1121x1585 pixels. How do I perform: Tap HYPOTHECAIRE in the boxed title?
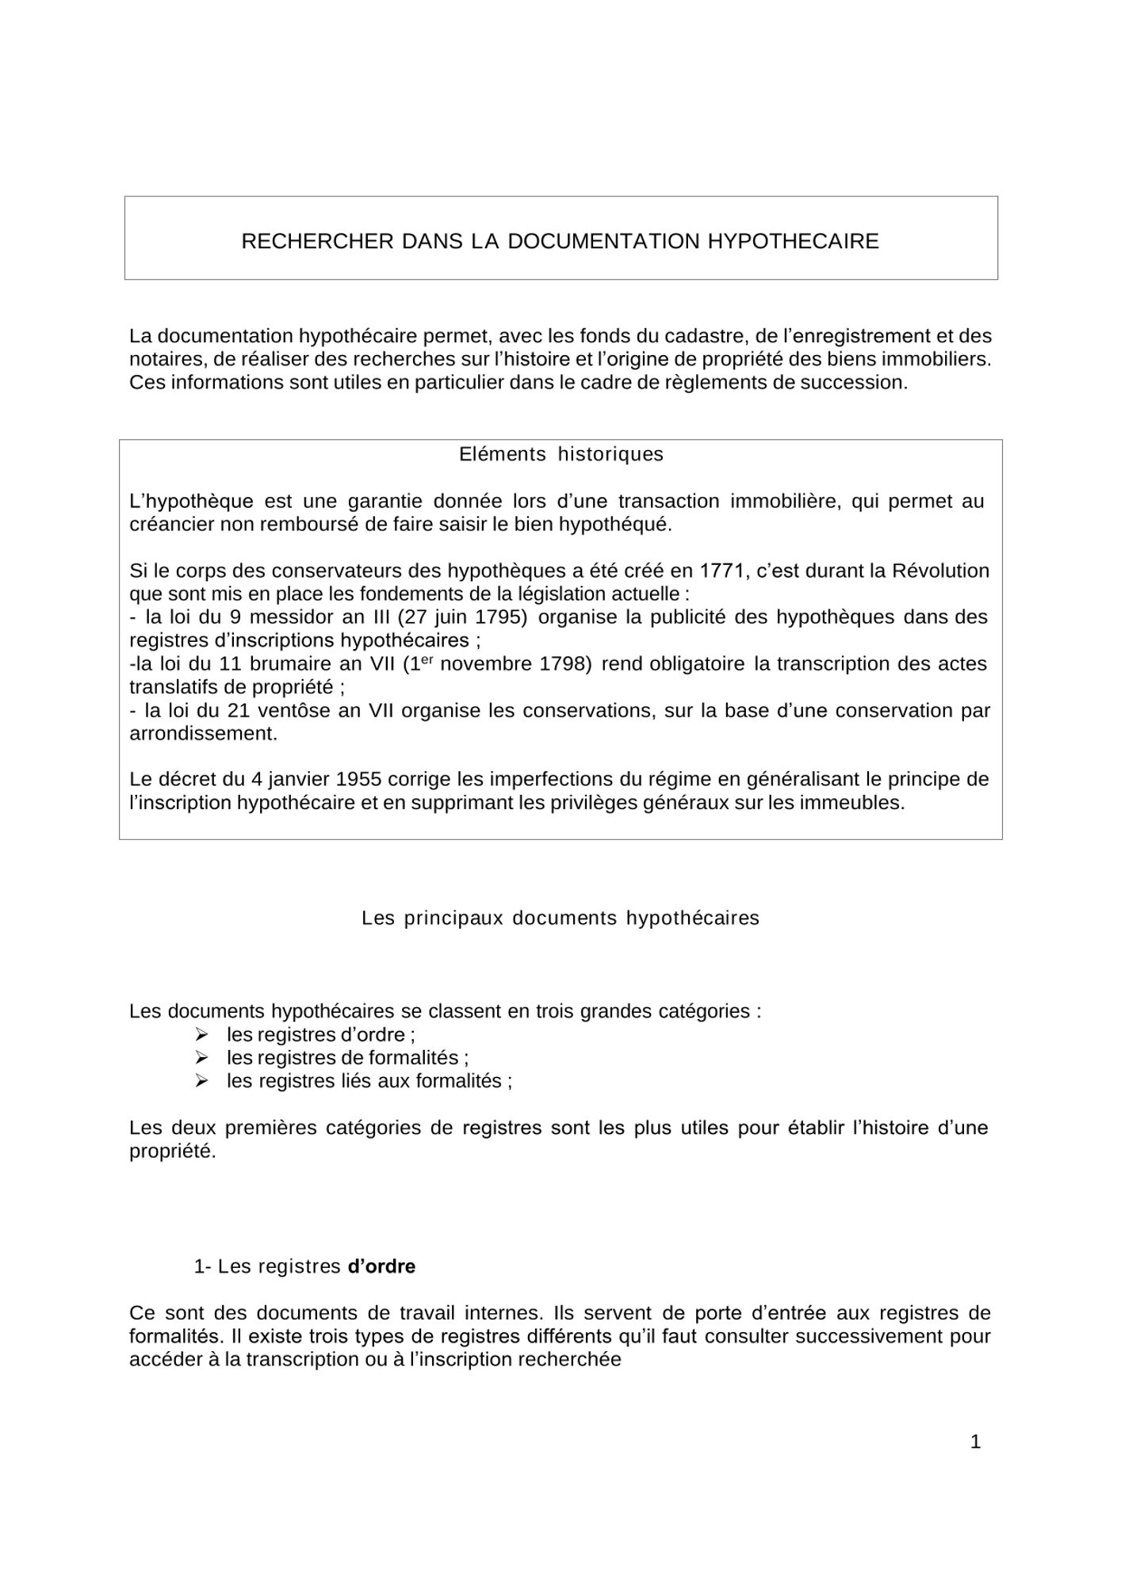point(793,241)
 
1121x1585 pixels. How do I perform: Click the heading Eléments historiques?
point(560,454)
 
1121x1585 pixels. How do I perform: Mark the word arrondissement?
point(203,733)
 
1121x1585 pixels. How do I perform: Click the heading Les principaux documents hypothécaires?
point(560,918)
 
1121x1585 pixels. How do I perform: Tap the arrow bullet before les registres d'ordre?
point(201,1034)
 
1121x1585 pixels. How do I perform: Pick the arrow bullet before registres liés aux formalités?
point(201,1080)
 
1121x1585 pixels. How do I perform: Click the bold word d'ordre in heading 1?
point(381,1266)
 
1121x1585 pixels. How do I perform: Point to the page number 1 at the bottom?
point(975,1442)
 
